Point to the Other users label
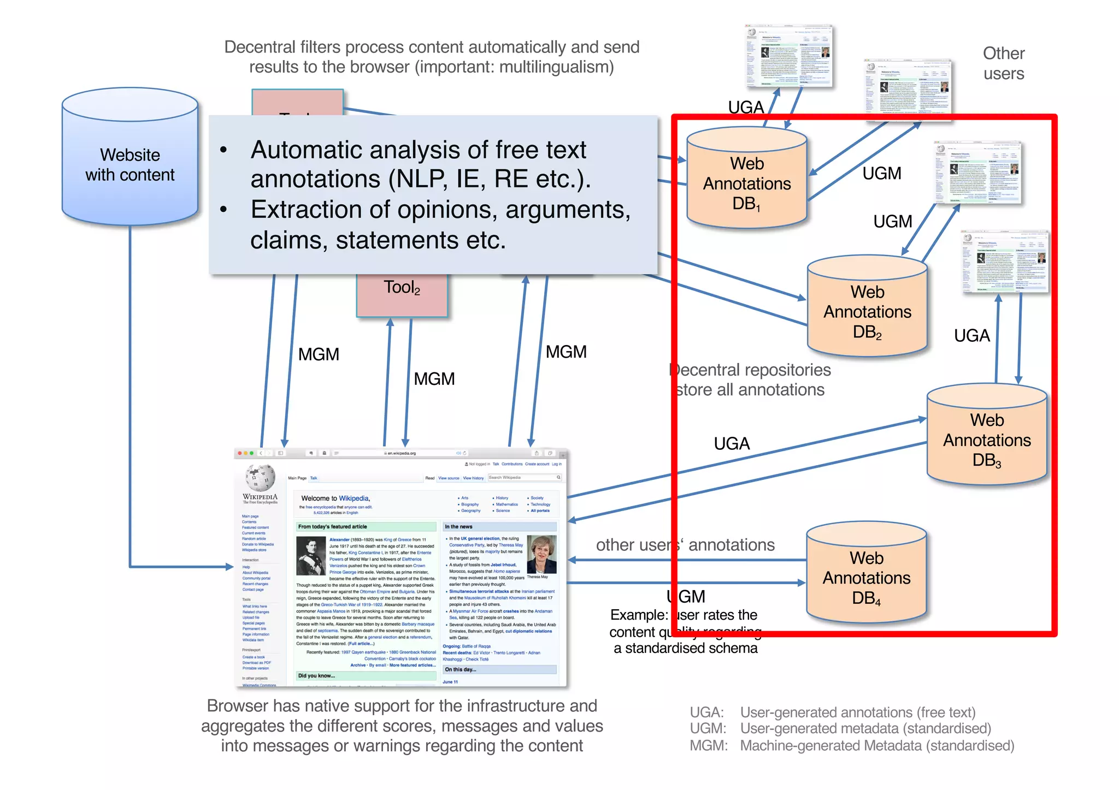coord(1003,63)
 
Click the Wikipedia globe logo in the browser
coord(260,478)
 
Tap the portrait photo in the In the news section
coord(541,554)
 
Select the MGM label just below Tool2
coord(434,378)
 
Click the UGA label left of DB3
coord(732,443)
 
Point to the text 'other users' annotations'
coord(685,544)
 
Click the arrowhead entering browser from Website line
coord(229,567)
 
